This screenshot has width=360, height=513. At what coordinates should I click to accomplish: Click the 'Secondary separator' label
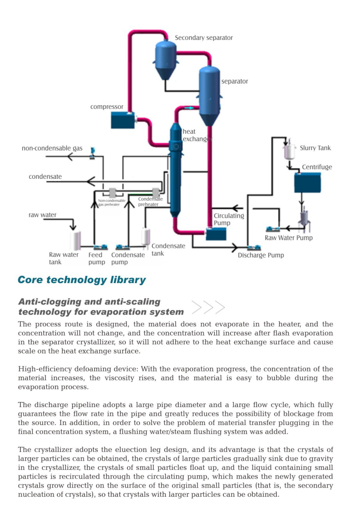[x=204, y=38]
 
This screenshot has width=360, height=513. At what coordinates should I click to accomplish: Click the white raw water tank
[x=75, y=240]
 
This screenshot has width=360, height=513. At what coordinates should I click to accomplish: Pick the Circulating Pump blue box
[x=216, y=234]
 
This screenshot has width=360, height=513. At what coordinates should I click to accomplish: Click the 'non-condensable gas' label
[x=52, y=148]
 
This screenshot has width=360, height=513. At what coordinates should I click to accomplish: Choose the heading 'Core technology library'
[x=82, y=280]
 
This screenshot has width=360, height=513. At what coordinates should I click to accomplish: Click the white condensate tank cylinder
[x=146, y=237]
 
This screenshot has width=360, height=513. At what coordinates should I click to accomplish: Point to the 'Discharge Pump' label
[x=261, y=255]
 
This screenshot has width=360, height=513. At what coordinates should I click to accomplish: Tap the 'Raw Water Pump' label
[x=288, y=238]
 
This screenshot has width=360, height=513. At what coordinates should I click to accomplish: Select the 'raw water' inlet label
[x=42, y=215]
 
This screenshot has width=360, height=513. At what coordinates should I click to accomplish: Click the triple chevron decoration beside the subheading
[x=208, y=307]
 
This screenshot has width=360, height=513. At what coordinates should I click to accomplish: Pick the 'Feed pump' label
[x=96, y=258]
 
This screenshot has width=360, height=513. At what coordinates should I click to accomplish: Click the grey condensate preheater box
[x=156, y=193]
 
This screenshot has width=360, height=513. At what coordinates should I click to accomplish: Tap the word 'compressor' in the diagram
[x=107, y=107]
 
